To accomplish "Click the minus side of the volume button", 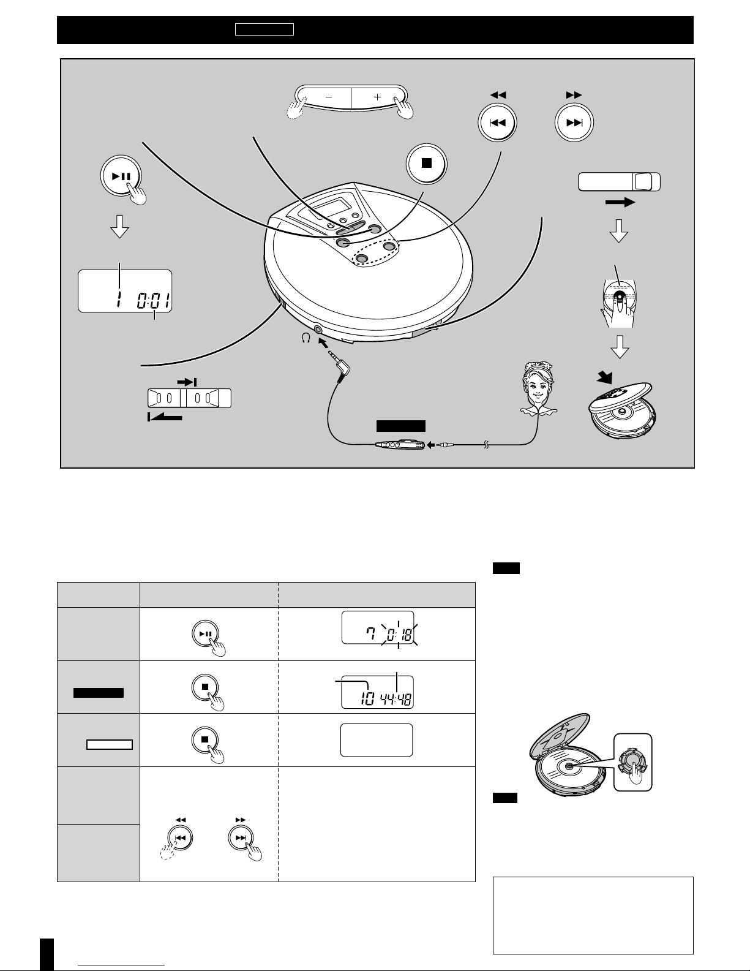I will click(x=328, y=97).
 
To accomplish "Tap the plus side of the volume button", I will click(x=378, y=97).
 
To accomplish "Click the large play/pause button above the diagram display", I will click(x=121, y=176).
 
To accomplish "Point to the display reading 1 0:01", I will click(x=125, y=291).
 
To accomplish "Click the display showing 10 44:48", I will click(x=377, y=692).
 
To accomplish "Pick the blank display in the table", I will click(x=377, y=740).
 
